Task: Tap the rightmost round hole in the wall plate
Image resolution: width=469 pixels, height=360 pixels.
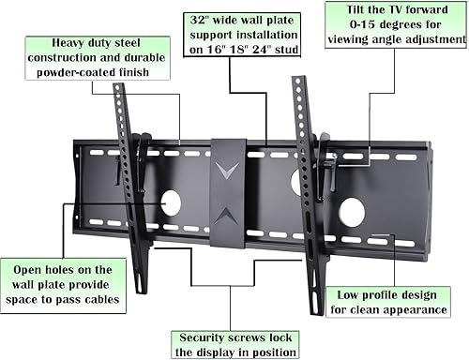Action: point(356,210)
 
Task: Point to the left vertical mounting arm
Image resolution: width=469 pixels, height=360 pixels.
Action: point(126,187)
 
